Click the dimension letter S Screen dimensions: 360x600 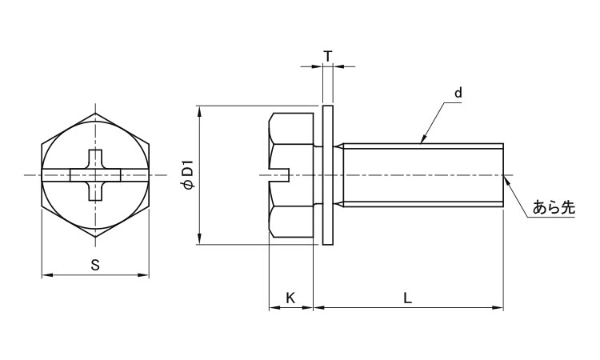click(95, 266)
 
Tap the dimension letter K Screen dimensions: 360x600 click(290, 298)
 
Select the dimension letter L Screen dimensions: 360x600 click(408, 298)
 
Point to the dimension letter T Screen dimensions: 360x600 click(328, 56)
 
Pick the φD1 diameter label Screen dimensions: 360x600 click(187, 175)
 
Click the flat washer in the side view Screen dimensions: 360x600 click(328, 175)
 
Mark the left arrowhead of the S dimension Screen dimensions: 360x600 click(44, 276)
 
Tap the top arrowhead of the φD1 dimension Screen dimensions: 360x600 click(198, 110)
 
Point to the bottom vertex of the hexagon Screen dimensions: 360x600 click(95, 238)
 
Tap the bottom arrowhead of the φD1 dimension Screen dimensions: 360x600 click(198, 241)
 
